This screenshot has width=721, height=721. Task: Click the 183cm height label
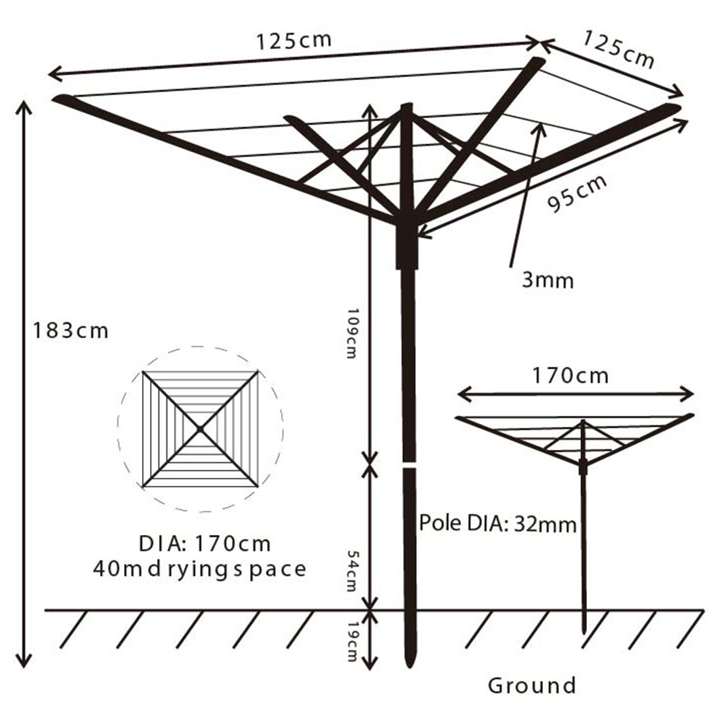click(71, 331)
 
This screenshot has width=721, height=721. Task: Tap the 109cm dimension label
click(352, 333)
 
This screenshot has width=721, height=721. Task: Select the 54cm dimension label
click(353, 571)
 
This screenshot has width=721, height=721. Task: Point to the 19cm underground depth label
click(353, 642)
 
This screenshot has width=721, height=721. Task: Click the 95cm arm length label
click(577, 193)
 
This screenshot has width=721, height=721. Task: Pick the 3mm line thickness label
click(548, 280)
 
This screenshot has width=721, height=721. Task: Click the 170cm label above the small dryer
click(570, 376)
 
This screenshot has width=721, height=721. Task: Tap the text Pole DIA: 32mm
click(498, 523)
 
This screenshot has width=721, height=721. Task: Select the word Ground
click(532, 686)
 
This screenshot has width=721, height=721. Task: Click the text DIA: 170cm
click(205, 544)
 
